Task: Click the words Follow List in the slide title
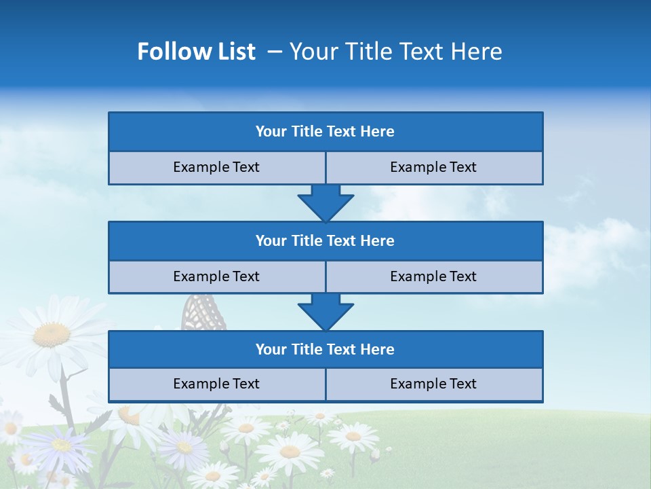(196, 52)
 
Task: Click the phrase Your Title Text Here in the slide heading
(395, 52)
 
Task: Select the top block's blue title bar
(325, 132)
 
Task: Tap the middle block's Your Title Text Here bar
(325, 240)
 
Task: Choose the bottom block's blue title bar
(325, 349)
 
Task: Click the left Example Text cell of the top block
(216, 167)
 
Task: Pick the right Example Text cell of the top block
(433, 167)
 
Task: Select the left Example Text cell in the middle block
(216, 276)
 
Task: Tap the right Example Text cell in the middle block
(433, 276)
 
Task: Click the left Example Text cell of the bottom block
(216, 384)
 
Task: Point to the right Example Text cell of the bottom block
(433, 384)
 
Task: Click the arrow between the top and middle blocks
(325, 202)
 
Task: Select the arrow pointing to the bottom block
(325, 311)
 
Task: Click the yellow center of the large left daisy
(52, 333)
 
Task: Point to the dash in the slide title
(275, 52)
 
